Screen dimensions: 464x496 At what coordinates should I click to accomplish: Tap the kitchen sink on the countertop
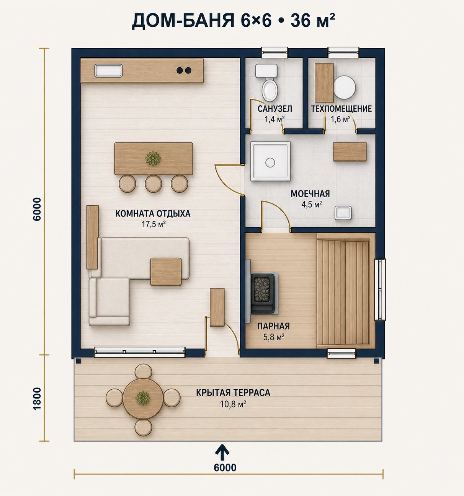pyautogui.click(x=108, y=71)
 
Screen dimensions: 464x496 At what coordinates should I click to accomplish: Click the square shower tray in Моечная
pyautogui.click(x=270, y=161)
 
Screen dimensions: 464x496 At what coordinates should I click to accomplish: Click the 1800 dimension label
pyautogui.click(x=37, y=398)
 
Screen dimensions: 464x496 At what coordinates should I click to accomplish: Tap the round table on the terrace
pyautogui.click(x=143, y=399)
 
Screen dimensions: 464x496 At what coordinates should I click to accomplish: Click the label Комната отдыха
pyautogui.click(x=153, y=214)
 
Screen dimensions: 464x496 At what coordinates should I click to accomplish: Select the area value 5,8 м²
pyautogui.click(x=274, y=337)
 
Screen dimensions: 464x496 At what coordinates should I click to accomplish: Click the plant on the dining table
pyautogui.click(x=153, y=158)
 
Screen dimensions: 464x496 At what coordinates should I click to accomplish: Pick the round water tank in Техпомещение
pyautogui.click(x=345, y=88)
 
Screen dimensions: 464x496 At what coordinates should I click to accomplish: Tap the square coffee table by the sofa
pyautogui.click(x=166, y=272)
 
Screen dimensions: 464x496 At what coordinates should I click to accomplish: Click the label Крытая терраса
pyautogui.click(x=233, y=393)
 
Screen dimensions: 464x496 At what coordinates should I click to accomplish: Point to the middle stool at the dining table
pyautogui.click(x=154, y=184)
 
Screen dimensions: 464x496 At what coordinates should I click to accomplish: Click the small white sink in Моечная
pyautogui.click(x=343, y=213)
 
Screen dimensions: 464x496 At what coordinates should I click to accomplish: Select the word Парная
pyautogui.click(x=274, y=326)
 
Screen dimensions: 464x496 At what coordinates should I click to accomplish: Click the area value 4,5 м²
pyautogui.click(x=311, y=205)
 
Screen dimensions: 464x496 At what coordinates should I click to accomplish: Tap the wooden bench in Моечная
pyautogui.click(x=350, y=152)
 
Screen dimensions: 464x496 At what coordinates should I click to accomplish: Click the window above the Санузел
pyautogui.click(x=274, y=52)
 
